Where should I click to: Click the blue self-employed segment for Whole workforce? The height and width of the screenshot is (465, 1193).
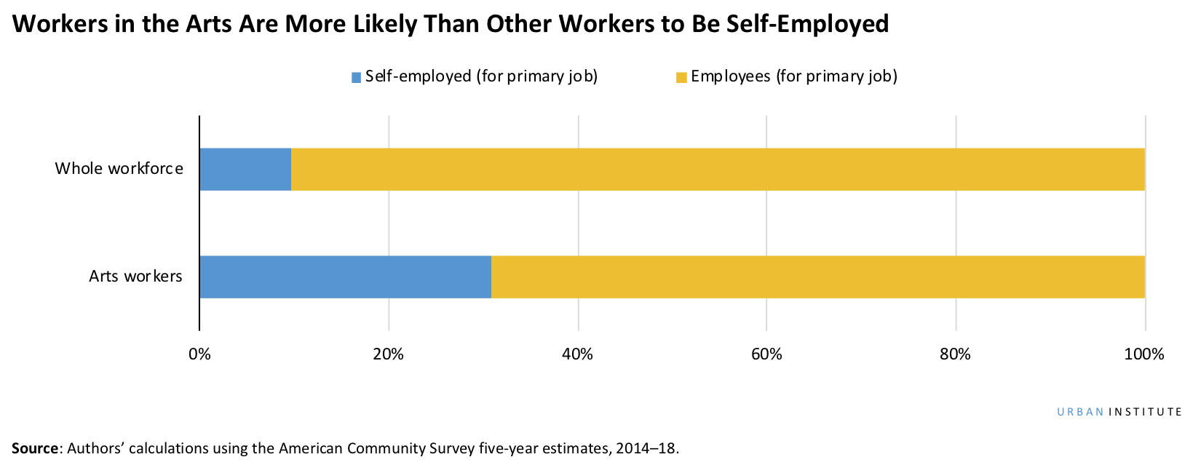245,170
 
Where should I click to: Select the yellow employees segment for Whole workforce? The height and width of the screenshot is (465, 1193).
717,170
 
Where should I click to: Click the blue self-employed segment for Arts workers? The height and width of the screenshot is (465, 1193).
345,277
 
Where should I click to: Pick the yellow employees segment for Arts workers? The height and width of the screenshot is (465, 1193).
817,277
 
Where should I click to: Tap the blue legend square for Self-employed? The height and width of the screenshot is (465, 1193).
356,77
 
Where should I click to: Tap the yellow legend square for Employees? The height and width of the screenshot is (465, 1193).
681,77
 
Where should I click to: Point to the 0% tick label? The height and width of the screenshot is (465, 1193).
199,354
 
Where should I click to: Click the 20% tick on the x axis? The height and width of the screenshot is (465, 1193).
388,354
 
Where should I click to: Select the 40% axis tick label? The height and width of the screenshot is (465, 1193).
577,354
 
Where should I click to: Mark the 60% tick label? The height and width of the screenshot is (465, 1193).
766,354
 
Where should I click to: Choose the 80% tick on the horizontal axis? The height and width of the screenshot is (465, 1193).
955,354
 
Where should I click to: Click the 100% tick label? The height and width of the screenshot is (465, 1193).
1144,354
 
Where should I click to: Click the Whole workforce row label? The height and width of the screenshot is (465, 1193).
119,169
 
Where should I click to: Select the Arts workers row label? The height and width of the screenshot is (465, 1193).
135,277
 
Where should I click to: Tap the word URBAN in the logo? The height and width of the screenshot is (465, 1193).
1080,412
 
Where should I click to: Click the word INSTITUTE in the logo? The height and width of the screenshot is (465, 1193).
1146,412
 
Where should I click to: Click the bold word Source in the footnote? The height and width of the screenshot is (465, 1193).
34,448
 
